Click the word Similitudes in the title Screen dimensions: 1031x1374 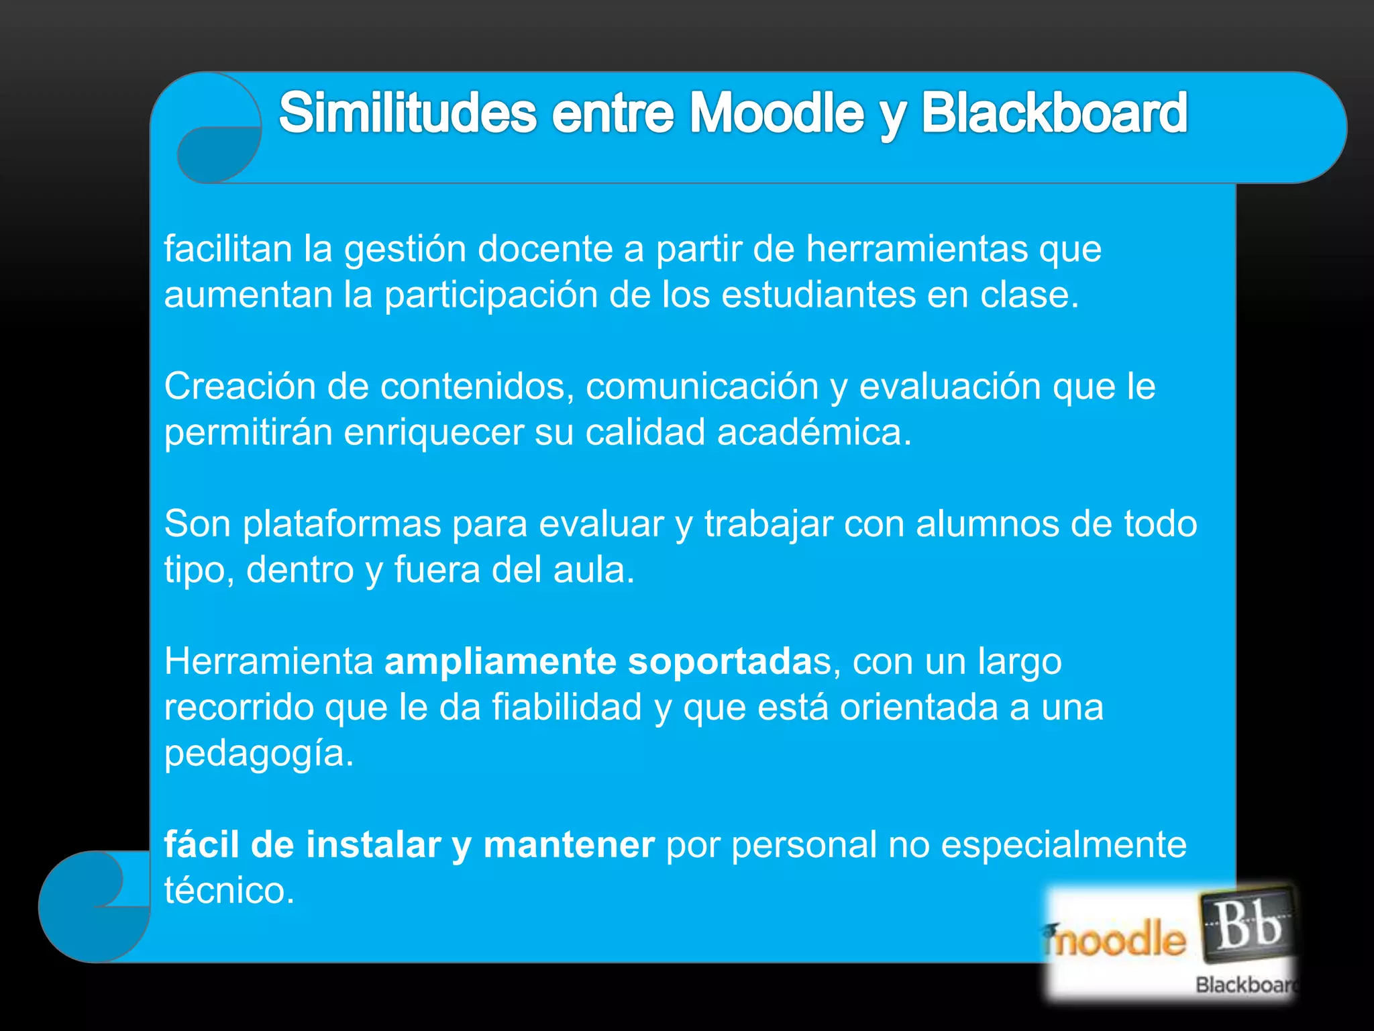coord(407,113)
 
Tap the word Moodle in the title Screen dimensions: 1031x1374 coord(778,113)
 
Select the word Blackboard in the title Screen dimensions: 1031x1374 coord(1054,113)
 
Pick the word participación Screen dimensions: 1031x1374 coord(490,295)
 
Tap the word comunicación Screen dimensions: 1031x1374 coord(702,387)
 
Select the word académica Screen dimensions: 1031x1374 coord(814,432)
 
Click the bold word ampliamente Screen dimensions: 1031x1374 coord(500,662)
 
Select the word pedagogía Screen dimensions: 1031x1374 coord(258,753)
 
